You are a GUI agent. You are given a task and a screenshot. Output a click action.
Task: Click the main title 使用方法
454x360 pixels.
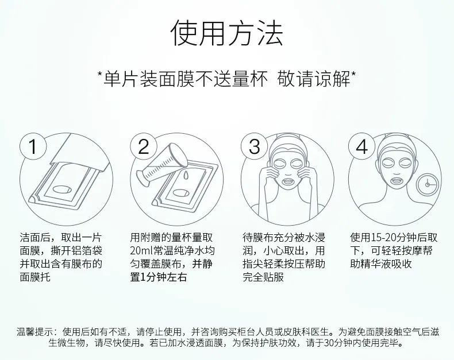coord(226,33)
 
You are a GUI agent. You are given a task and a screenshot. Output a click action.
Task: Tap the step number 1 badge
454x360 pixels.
coord(33,146)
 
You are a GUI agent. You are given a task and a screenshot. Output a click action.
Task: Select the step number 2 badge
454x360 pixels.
coord(143,146)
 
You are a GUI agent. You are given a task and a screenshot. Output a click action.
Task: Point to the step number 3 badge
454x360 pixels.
coord(254,146)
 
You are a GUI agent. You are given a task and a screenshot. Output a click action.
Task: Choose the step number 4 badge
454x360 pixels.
coord(361,146)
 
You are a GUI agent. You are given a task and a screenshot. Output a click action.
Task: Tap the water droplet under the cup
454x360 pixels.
coord(186,175)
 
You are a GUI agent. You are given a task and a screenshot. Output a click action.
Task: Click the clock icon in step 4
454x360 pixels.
coord(427,184)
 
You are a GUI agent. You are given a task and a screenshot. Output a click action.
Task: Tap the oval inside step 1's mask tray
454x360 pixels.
coord(61,189)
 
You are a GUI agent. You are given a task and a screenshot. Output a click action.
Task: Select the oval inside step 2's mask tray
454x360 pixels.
coord(182,193)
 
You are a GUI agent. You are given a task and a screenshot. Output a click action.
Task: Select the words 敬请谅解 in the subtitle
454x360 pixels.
coord(314,79)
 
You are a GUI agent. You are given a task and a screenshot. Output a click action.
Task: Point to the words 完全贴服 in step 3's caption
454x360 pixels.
coord(263,277)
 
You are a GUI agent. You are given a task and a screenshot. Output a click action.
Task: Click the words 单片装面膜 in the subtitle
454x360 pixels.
coord(148,79)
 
